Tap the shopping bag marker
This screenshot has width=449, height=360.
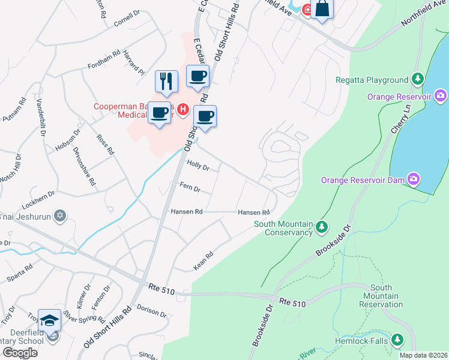[x=322, y=8]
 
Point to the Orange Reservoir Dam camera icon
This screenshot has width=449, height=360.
[x=414, y=179]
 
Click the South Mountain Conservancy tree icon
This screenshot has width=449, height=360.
[x=322, y=226]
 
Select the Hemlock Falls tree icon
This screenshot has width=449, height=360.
[x=397, y=340]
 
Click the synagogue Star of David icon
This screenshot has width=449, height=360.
[x=59, y=215]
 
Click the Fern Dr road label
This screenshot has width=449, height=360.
[x=190, y=188]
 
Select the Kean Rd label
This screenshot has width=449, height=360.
[x=203, y=260]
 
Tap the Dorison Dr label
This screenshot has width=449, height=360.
[x=151, y=311]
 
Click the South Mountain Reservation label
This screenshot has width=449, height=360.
[x=381, y=296]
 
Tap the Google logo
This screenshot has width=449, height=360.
[x=20, y=353]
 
